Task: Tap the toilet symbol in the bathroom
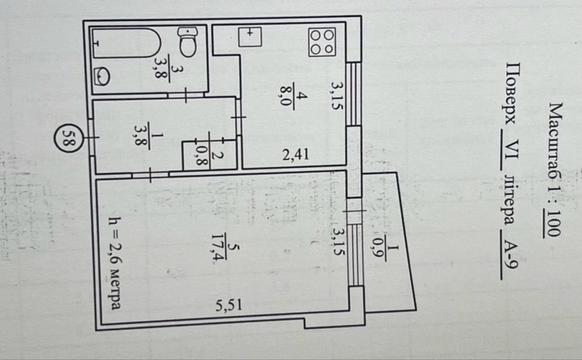pyautogui.click(x=188, y=41)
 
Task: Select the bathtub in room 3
pyautogui.click(x=126, y=44)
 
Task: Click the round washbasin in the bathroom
pyautogui.click(x=102, y=76)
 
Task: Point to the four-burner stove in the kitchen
pyautogui.click(x=322, y=42)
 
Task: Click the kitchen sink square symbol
pyautogui.click(x=250, y=37)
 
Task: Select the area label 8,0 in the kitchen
pyautogui.click(x=286, y=95)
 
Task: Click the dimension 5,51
pyautogui.click(x=229, y=305)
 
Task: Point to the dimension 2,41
pyautogui.click(x=296, y=154)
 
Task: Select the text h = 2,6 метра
pyautogui.click(x=114, y=263)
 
